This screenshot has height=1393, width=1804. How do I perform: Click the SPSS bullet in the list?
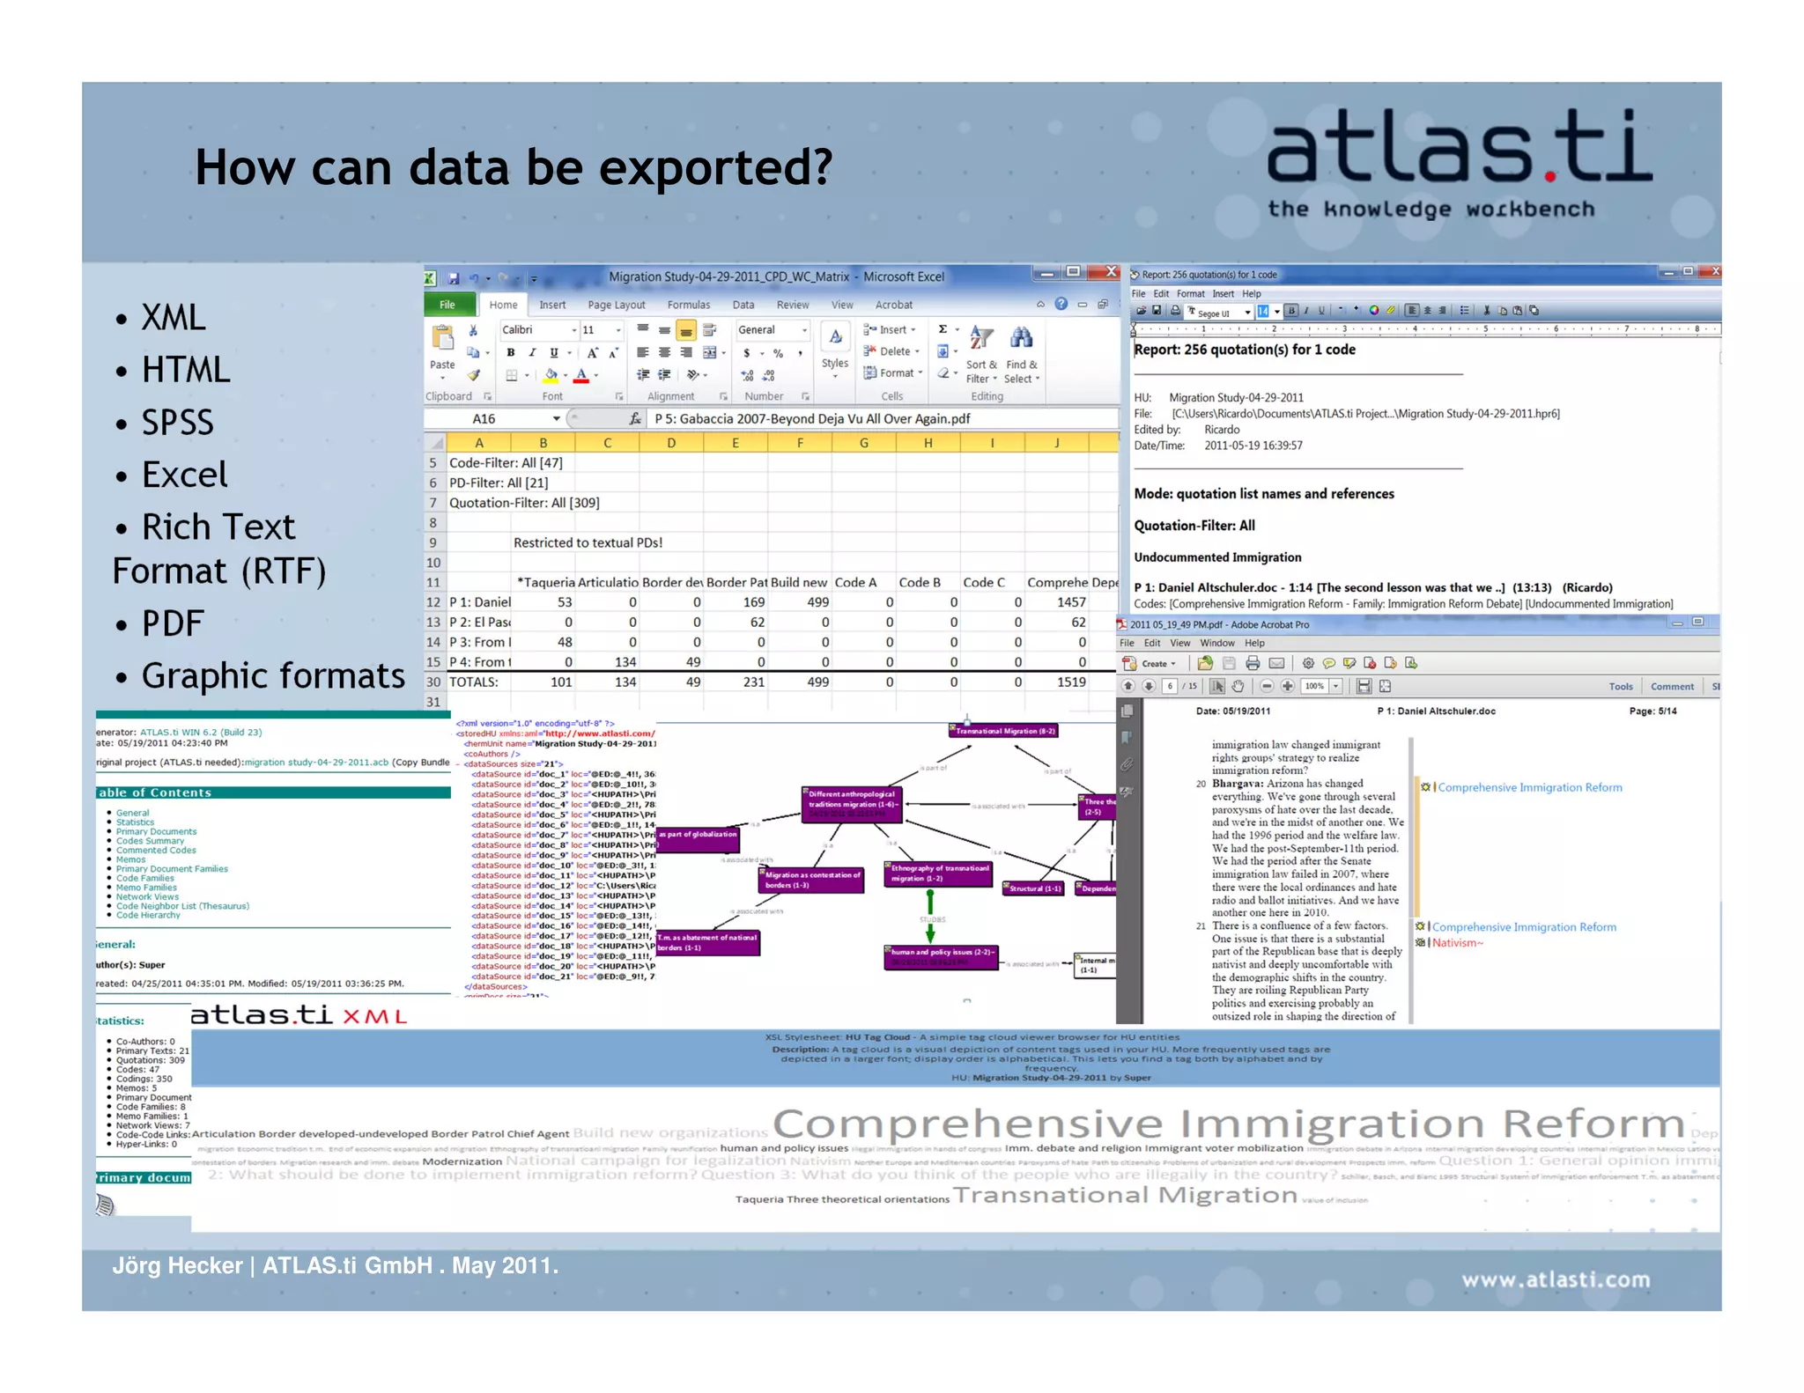click(177, 423)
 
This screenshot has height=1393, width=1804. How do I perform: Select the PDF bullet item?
click(173, 623)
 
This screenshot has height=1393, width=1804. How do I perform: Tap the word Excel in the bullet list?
click(184, 475)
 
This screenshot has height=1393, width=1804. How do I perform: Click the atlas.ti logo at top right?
click(1458, 150)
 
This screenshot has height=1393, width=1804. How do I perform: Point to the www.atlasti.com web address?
click(1556, 1279)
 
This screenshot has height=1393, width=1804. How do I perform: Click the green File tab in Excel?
click(447, 305)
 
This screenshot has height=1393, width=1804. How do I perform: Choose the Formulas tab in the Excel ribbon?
click(688, 305)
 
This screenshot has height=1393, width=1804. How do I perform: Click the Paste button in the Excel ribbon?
click(442, 347)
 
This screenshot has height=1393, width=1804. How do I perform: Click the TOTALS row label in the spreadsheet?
click(474, 682)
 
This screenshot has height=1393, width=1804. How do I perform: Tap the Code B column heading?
click(919, 583)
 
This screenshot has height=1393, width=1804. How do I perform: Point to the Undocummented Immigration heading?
click(1216, 557)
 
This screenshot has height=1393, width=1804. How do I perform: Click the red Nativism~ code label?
click(1457, 943)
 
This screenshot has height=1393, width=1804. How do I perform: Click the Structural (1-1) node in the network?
click(1035, 888)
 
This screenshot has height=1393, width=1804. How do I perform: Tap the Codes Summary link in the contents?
click(150, 841)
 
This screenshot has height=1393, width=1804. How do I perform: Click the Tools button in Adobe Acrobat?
click(1620, 687)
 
